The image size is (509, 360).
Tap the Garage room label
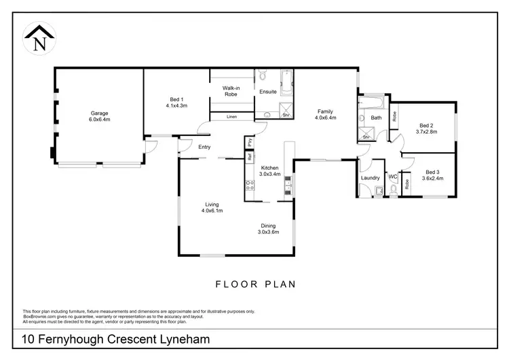99,113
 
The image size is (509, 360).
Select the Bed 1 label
176,100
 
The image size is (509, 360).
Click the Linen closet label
232,118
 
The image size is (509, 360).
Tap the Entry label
204,147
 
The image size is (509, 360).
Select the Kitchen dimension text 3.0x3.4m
269,174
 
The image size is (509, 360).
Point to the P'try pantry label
250,143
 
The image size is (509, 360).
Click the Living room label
212,204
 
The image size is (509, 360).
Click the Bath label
376,118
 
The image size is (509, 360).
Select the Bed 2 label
426,126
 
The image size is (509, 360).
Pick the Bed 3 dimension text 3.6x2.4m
432,179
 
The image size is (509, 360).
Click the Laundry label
371,178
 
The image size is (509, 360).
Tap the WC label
392,177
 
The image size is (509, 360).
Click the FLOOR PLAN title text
255,285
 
